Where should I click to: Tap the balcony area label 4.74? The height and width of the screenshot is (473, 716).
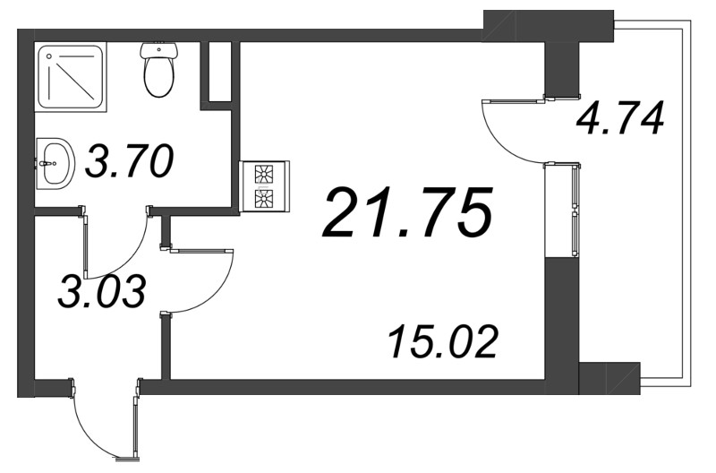(x=620, y=118)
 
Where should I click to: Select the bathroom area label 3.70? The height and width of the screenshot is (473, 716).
(x=128, y=164)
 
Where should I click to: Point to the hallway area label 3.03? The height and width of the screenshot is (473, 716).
(x=101, y=292)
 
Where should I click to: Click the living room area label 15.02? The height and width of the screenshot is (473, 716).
(x=442, y=341)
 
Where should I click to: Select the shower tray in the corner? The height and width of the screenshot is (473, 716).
(x=71, y=76)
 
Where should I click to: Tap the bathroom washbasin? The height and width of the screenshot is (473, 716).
(x=55, y=164)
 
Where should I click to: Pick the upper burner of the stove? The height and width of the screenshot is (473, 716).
(x=265, y=174)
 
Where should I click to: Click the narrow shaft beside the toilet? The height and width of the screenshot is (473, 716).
(x=219, y=72)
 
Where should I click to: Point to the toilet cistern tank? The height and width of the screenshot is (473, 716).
(x=158, y=50)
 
